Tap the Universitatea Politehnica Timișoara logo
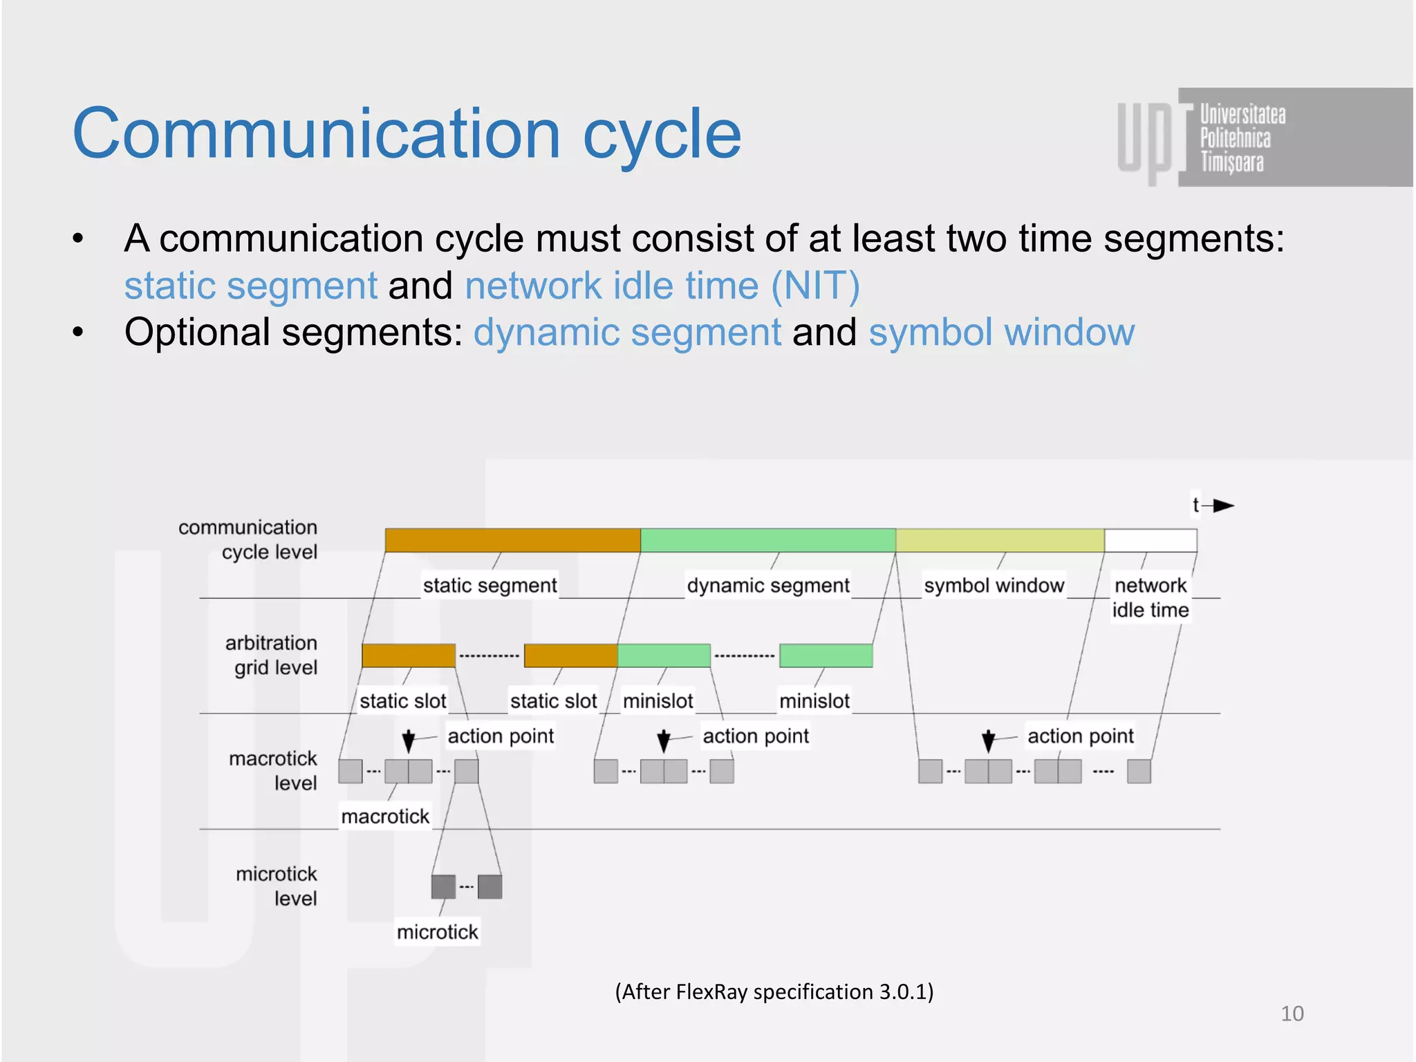coord(1231,138)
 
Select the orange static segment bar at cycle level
coord(512,540)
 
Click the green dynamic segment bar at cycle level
coord(767,540)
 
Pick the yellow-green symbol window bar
coord(1000,540)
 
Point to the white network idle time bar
coord(1150,540)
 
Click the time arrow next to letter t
coord(1222,505)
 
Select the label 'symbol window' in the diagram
coord(994,586)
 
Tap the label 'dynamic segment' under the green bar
coord(767,586)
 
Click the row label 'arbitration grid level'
coord(271,655)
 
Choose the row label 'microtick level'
coord(277,886)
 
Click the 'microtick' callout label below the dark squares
coord(437,932)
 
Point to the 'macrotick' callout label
coord(385,817)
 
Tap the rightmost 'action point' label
coord(1080,736)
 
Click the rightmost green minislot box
coord(826,655)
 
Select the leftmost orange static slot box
coord(408,655)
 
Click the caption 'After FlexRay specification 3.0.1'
coord(774,991)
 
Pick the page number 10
coord(1292,1014)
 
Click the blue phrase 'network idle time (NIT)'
coord(662,286)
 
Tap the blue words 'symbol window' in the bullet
coord(1001,333)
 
